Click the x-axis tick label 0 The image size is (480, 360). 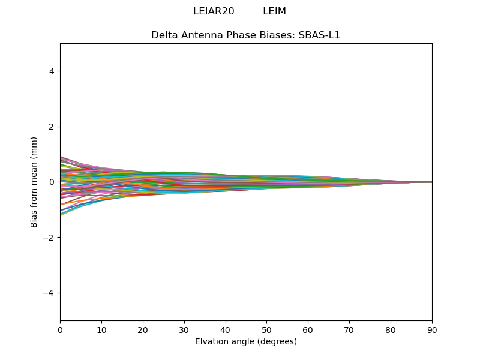click(60, 329)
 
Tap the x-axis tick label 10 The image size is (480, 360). click(101, 329)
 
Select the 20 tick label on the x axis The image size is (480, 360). click(143, 329)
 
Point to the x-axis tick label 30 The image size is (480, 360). click(184, 329)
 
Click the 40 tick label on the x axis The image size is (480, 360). click(226, 329)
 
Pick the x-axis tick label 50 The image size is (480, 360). click(266, 329)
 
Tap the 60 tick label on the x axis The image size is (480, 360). click(308, 329)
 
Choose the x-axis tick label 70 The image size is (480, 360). click(349, 329)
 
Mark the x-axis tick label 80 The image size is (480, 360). click(391, 329)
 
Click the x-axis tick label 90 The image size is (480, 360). click(432, 329)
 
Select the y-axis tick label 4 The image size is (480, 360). click(52, 71)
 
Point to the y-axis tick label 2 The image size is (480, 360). click(52, 127)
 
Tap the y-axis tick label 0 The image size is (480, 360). click(52, 182)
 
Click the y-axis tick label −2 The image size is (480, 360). click(48, 238)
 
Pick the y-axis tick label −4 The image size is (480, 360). click(48, 293)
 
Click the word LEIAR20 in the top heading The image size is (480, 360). click(214, 11)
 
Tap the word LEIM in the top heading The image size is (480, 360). click(274, 11)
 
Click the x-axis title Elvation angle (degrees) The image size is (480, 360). click(246, 341)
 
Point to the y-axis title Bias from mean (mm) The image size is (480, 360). click(35, 182)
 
